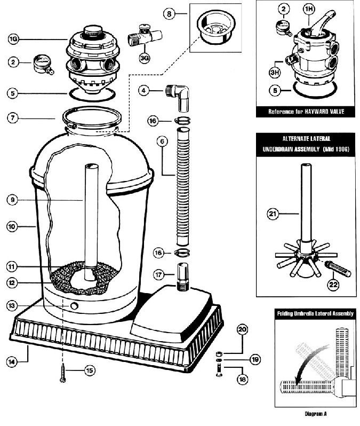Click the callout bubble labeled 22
[x=333, y=285]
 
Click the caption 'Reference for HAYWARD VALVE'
[x=306, y=112]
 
